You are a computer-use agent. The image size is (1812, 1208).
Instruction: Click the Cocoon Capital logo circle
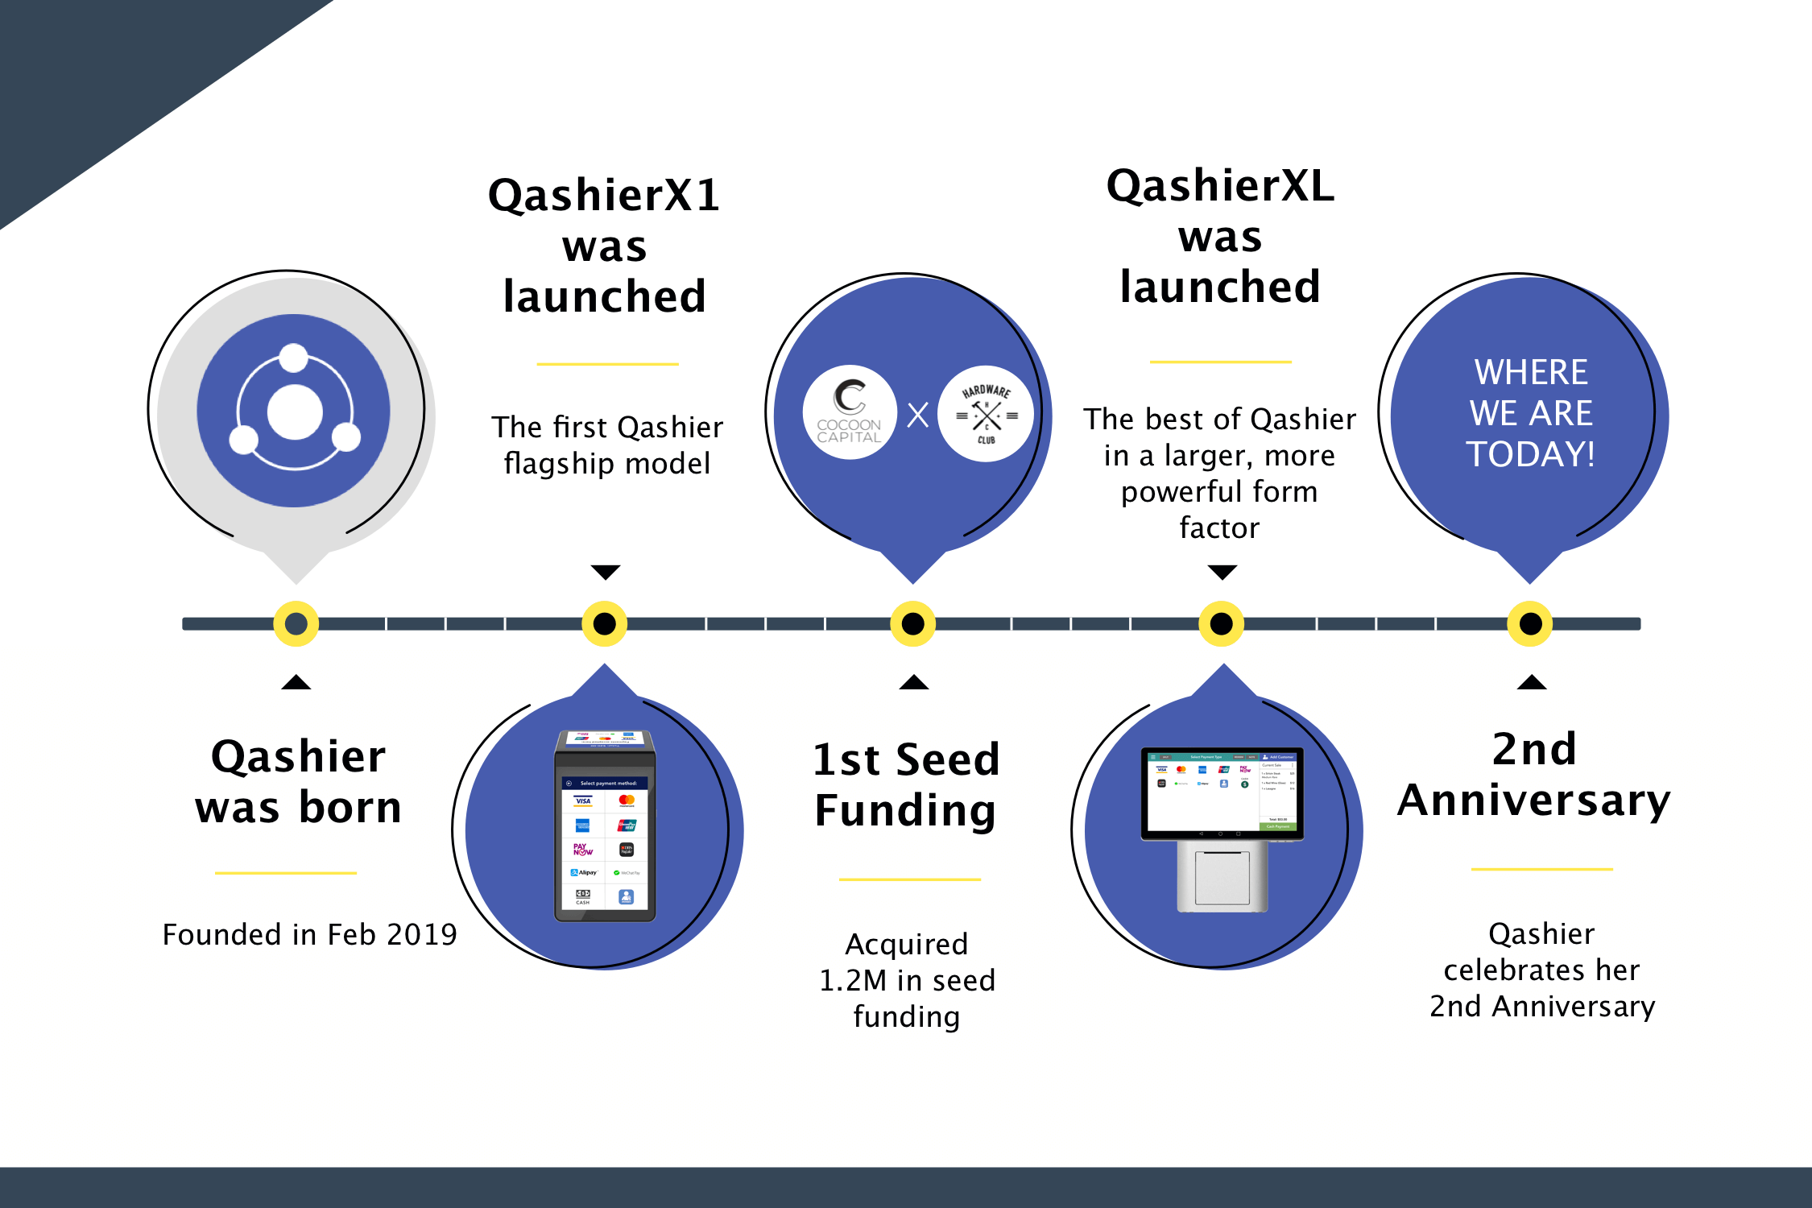pyautogui.click(x=850, y=412)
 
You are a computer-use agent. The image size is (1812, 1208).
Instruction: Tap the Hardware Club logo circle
pyautogui.click(x=986, y=414)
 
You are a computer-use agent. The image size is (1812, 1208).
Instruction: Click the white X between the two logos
pyautogui.click(x=918, y=415)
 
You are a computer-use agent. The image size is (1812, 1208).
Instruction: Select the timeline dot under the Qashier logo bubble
pyautogui.click(x=296, y=623)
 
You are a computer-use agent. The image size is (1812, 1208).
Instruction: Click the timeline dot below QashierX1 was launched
pyautogui.click(x=605, y=623)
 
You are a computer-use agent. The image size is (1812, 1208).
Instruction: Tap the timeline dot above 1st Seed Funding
pyautogui.click(x=912, y=623)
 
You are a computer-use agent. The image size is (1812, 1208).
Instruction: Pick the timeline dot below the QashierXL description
pyautogui.click(x=1222, y=623)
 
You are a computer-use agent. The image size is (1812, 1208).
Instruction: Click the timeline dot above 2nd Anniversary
pyautogui.click(x=1530, y=623)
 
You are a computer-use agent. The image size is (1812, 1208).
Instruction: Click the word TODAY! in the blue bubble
pyautogui.click(x=1530, y=454)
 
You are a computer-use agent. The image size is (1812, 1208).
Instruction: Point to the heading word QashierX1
pyautogui.click(x=604, y=196)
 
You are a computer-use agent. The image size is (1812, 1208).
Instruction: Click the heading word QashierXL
pyautogui.click(x=1220, y=186)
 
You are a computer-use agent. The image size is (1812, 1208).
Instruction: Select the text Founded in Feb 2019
pyautogui.click(x=309, y=934)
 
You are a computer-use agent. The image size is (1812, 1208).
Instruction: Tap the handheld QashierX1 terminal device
pyautogui.click(x=605, y=826)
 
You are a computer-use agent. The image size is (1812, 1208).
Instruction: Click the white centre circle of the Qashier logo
pyautogui.click(x=295, y=412)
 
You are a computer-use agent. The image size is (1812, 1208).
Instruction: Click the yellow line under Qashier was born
pyautogui.click(x=285, y=873)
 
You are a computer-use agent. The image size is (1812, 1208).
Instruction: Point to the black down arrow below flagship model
pyautogui.click(x=605, y=572)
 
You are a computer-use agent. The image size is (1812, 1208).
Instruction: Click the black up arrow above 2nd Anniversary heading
pyautogui.click(x=1531, y=683)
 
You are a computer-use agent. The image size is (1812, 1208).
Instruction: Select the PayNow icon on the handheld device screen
pyautogui.click(x=582, y=850)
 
